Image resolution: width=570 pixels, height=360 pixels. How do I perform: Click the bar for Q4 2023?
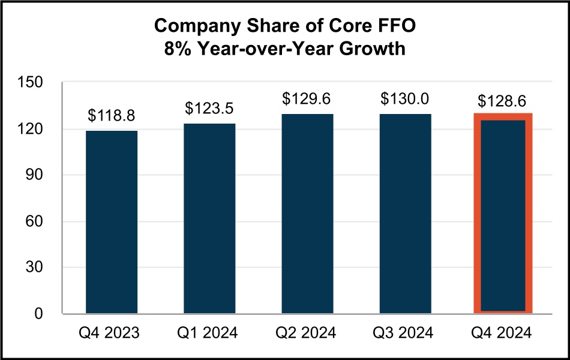point(112,222)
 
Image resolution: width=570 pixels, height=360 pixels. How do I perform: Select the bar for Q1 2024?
point(209,218)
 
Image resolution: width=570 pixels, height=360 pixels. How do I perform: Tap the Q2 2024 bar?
point(307,214)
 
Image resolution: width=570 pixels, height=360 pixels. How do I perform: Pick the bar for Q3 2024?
point(405,214)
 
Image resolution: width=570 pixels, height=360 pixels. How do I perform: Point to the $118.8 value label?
point(112,116)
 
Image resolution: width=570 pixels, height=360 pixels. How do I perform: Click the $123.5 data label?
point(209,109)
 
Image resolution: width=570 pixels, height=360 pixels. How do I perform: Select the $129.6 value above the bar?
point(307,98)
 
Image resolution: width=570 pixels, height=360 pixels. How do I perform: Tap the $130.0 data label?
point(405,98)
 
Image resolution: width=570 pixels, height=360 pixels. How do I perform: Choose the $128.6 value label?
point(503,100)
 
